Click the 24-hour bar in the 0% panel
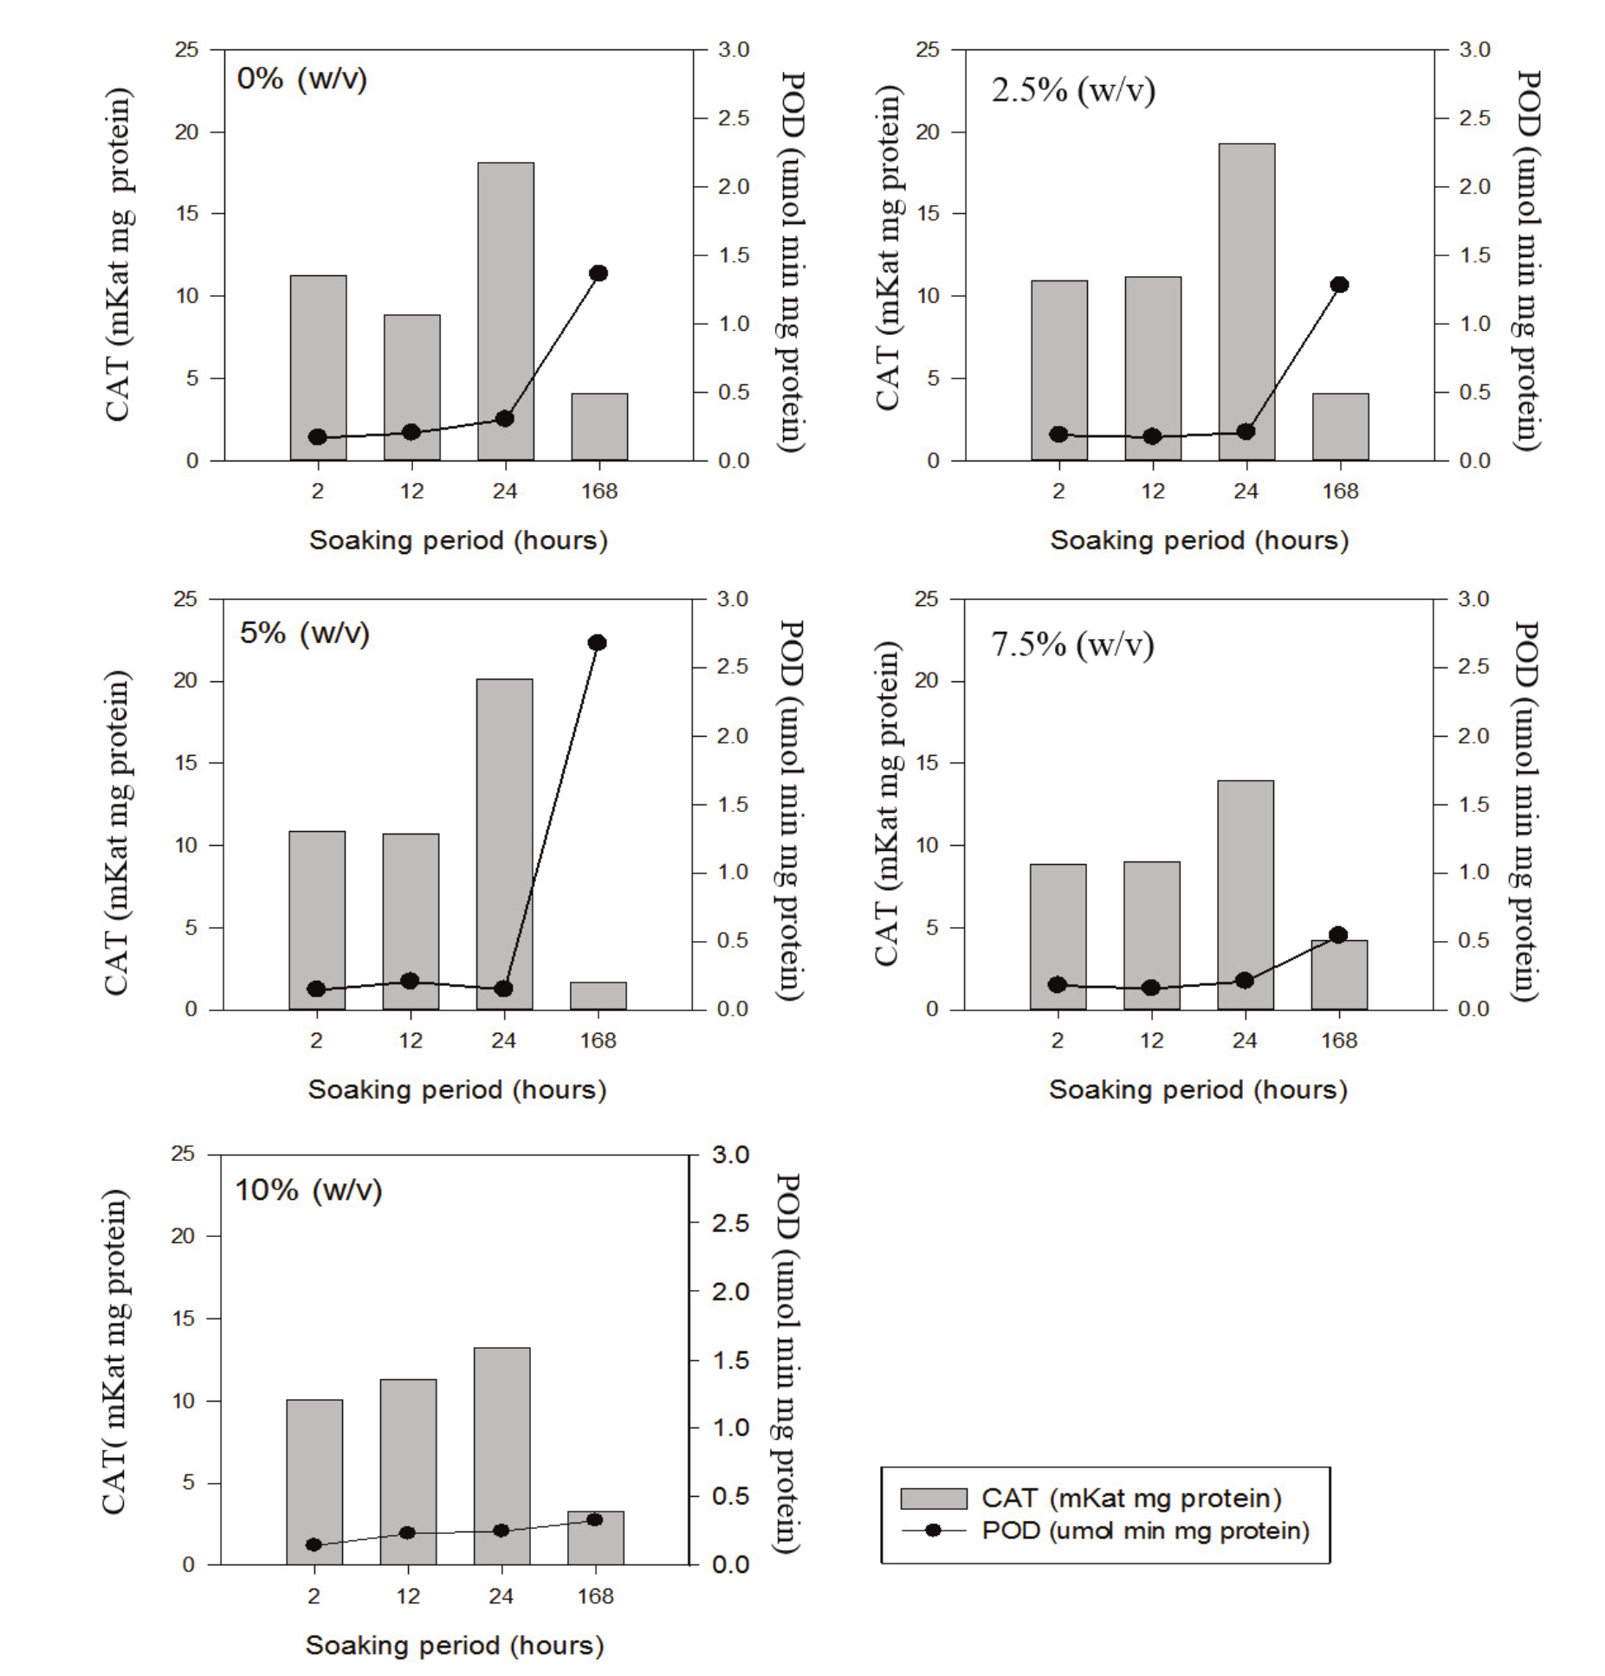(505, 311)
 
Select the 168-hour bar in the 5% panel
(598, 996)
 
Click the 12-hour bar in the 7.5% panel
(1151, 935)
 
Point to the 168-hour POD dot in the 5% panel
(597, 642)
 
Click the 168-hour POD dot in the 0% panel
(599, 274)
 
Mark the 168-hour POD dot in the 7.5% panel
(1338, 935)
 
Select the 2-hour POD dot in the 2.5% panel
(1058, 435)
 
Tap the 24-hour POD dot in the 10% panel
(501, 1531)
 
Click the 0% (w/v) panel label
(301, 80)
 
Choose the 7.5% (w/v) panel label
(1072, 645)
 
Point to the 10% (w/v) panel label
(308, 1190)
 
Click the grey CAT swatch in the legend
(933, 1499)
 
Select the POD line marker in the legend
(933, 1531)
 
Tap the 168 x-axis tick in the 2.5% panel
(1340, 492)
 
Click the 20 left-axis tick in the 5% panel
(185, 681)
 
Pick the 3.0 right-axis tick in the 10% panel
(729, 1155)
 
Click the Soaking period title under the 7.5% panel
(1198, 1089)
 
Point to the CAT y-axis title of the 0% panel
(119, 255)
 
